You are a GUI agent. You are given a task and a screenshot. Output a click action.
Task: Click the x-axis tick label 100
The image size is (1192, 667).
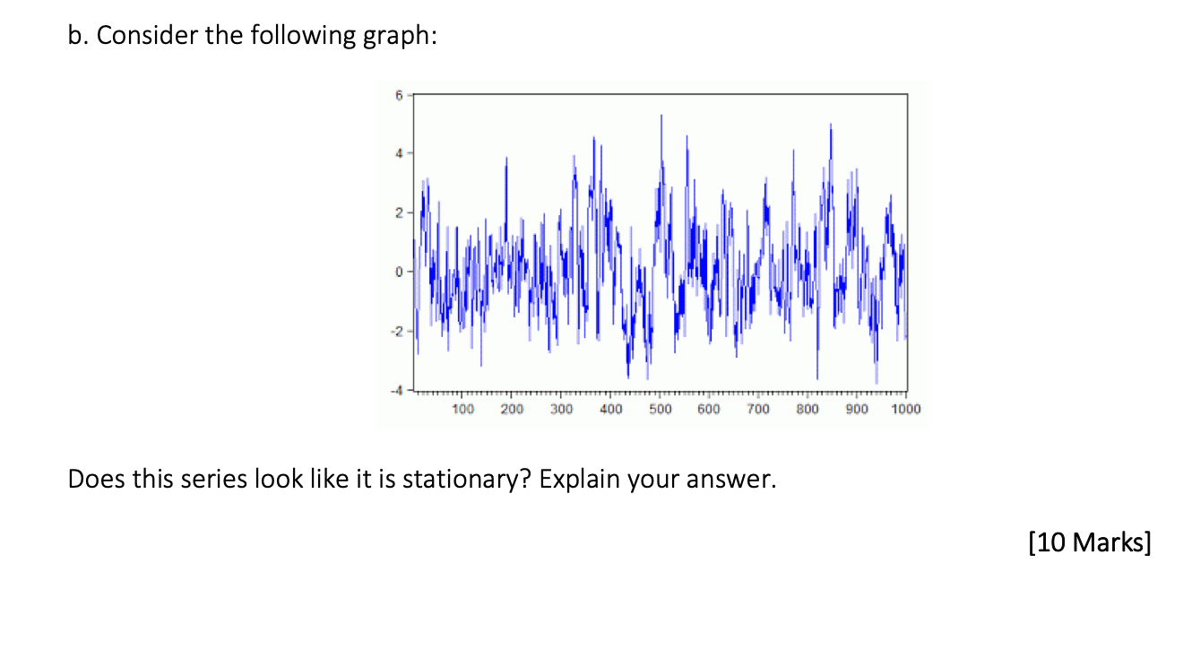(x=462, y=410)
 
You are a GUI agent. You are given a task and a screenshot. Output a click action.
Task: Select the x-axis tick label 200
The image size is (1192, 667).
(x=512, y=410)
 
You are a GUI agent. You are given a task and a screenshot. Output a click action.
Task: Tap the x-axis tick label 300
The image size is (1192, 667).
(x=561, y=410)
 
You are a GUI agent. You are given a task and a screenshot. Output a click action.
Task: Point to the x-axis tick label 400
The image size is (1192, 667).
(x=610, y=410)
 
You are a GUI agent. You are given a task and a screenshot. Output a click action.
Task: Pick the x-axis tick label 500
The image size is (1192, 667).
(x=660, y=410)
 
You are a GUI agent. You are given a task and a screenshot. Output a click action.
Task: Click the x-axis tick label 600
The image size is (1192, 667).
(x=709, y=410)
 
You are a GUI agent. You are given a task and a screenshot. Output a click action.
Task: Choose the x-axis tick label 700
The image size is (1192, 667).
(x=758, y=410)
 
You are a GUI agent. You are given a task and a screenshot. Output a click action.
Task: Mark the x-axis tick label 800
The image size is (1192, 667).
(x=808, y=410)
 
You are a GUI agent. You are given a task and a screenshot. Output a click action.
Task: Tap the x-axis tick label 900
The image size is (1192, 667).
(x=857, y=410)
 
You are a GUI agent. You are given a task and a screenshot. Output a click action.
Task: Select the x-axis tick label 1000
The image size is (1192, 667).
(x=906, y=410)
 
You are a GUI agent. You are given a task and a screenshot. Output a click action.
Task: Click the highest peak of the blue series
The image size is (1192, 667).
(x=661, y=116)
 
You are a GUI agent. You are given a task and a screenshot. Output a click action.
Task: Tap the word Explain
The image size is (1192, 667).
(x=579, y=480)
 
